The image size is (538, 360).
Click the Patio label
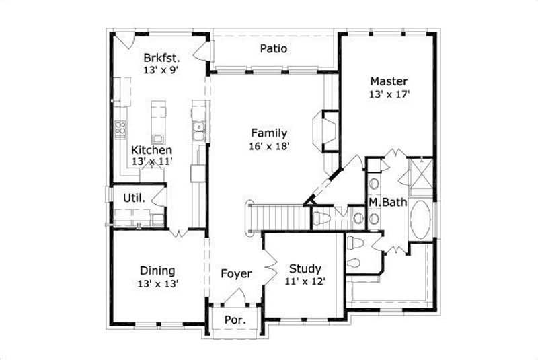click(274, 48)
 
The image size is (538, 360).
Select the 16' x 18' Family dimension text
click(270, 146)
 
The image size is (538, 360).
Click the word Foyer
click(237, 274)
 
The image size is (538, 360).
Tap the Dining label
click(158, 271)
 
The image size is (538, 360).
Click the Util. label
click(133, 198)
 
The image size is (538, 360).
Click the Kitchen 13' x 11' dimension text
click(152, 161)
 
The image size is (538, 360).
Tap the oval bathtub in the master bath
click(422, 219)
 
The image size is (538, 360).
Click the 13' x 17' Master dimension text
click(389, 95)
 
